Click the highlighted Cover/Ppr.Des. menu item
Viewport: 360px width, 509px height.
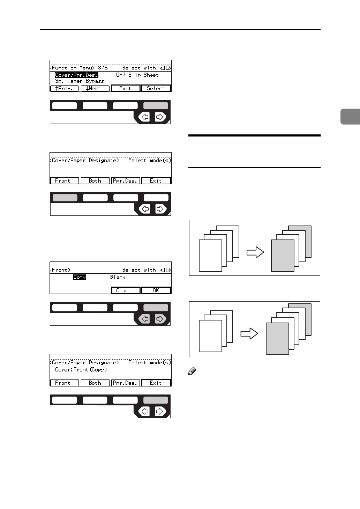76,75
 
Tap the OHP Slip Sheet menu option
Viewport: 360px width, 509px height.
137,75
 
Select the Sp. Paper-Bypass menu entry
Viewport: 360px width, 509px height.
80,81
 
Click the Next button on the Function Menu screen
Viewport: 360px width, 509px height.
95,88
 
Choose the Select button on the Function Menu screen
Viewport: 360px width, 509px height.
156,88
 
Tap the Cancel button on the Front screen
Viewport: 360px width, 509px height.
125,290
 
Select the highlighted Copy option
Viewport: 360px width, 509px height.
80,277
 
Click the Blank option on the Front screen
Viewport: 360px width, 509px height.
118,277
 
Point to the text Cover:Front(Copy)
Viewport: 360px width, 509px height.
81,370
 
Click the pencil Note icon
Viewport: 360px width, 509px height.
192,372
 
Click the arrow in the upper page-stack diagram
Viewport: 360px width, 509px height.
255,252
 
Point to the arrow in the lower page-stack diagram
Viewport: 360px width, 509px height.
249,334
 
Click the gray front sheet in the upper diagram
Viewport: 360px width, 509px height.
283,256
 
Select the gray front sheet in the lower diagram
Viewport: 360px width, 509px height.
277,339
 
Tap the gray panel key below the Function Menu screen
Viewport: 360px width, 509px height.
156,105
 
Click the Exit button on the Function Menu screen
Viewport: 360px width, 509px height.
125,88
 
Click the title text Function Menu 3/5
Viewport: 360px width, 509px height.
80,68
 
